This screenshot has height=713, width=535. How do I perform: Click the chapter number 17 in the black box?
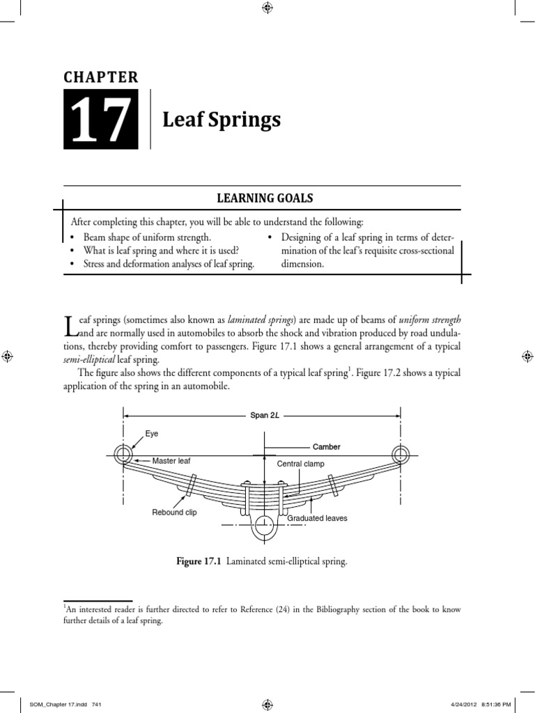point(102,120)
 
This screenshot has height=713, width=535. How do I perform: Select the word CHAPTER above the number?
point(102,77)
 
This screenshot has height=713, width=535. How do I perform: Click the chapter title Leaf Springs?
point(222,120)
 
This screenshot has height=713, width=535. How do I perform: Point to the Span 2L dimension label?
point(265,416)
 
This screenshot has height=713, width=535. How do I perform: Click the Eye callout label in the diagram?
point(152,434)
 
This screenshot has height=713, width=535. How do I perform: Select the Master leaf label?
point(171,461)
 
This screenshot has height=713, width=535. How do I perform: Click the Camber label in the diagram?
point(326,446)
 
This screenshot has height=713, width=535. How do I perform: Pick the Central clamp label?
point(301,464)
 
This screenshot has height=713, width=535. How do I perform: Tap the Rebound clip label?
point(175,512)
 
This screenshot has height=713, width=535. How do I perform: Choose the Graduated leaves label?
point(317,518)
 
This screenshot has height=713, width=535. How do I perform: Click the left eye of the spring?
point(124,455)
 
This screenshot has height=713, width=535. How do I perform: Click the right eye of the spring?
point(400,455)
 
